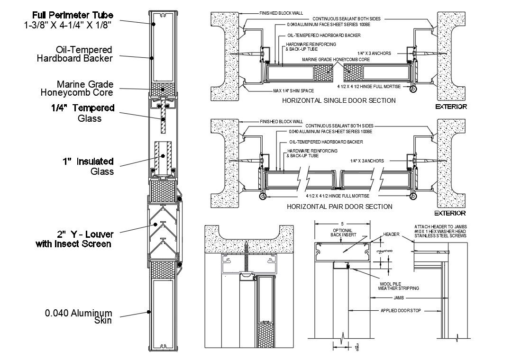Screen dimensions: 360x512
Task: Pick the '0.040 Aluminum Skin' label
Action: pos(78,316)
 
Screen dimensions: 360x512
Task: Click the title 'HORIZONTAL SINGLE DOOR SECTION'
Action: pos(338,100)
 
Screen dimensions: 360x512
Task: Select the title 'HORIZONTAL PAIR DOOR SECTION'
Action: pos(339,207)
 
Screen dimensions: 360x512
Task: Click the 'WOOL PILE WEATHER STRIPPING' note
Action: pos(399,285)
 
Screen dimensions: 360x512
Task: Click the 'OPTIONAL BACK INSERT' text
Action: pos(342,232)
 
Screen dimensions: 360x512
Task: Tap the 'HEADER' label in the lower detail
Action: pos(392,234)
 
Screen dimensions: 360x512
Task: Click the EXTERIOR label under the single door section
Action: pos(451,107)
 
